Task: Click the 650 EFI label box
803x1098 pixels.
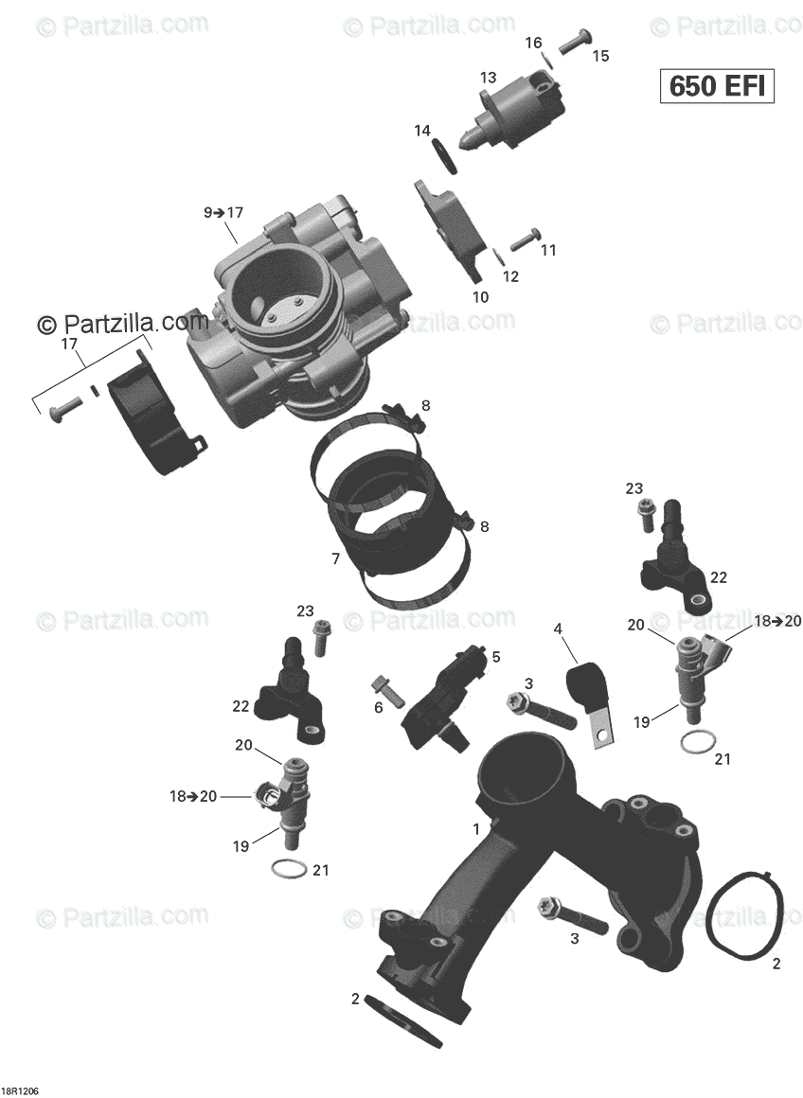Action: (717, 85)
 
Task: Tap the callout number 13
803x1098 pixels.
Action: (488, 78)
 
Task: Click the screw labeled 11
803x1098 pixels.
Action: (525, 239)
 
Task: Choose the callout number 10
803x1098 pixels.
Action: (480, 296)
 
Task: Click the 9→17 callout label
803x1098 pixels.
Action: (223, 213)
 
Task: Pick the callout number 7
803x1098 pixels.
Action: (335, 558)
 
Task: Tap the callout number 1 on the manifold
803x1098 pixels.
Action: (477, 828)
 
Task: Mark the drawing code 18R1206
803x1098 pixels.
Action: (20, 1089)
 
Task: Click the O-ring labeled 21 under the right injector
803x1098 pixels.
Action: (696, 742)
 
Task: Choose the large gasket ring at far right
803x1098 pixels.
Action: (745, 919)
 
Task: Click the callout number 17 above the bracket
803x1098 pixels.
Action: (69, 345)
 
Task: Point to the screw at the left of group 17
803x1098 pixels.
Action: (62, 409)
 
